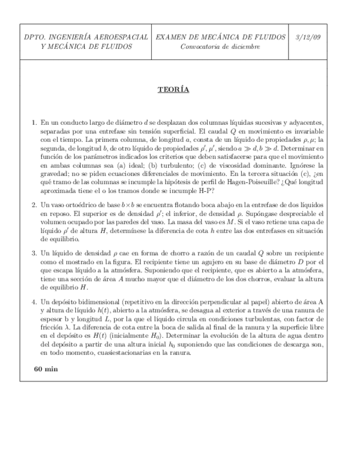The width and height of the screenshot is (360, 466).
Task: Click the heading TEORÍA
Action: click(x=173, y=90)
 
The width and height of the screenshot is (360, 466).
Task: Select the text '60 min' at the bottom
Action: click(x=46, y=369)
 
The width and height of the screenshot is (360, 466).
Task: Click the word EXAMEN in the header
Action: click(x=171, y=37)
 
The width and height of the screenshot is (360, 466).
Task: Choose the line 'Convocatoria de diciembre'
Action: click(x=220, y=46)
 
